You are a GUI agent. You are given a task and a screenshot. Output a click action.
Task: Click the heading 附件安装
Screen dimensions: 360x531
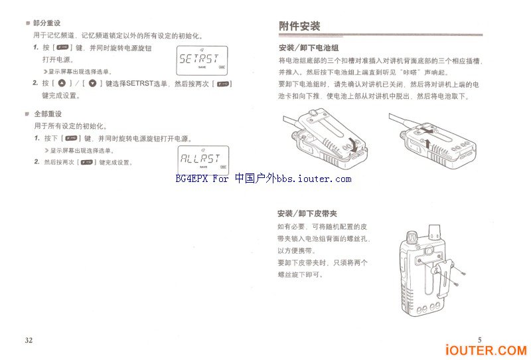click(299, 27)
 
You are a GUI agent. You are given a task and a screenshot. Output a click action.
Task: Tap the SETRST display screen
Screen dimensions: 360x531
click(202, 60)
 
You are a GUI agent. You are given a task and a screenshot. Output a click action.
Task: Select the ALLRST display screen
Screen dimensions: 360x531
click(202, 159)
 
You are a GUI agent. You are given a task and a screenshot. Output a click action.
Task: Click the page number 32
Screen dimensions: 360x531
click(29, 340)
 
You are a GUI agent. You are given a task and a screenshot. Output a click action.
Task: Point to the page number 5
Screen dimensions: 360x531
click(480, 340)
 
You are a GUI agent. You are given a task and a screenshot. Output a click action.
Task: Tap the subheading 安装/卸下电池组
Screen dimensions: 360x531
click(309, 48)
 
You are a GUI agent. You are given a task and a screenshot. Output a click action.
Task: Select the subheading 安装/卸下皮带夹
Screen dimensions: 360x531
click(307, 214)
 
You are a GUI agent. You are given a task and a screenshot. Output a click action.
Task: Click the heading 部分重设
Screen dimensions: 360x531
click(47, 23)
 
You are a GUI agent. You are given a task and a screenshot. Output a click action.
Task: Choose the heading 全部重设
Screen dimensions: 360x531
click(47, 114)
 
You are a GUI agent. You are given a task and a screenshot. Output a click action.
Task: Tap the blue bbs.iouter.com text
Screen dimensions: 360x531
click(313, 179)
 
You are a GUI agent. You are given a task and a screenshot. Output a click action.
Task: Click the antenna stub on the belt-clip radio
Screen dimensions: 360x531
click(436, 231)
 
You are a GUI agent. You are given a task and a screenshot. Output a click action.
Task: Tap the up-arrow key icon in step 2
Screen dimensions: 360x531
click(62, 84)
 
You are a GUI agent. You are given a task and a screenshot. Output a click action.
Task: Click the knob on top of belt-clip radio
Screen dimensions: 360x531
click(410, 236)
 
